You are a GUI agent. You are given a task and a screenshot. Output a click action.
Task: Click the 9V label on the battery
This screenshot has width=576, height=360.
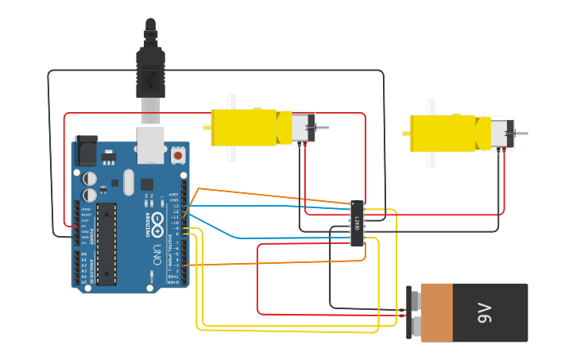coord(485,313)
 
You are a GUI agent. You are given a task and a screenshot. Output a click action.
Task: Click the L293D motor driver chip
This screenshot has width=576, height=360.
coord(358,223)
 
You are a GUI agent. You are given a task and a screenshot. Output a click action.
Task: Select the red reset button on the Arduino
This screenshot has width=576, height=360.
coord(177,157)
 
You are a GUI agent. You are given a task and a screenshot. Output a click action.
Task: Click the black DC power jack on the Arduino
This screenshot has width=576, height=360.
coord(86,150)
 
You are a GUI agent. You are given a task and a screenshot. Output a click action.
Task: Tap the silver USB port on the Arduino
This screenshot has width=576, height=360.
coord(151,143)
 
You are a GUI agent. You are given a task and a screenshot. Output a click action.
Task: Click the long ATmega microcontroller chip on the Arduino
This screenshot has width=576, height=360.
coord(106,243)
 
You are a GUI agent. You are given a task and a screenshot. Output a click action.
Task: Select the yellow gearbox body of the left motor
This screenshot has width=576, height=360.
coord(242,127)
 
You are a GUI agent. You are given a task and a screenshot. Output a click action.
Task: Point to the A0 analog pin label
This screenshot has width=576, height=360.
coord(83,254)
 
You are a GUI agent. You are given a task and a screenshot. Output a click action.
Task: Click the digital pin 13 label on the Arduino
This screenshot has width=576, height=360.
coord(176,206)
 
